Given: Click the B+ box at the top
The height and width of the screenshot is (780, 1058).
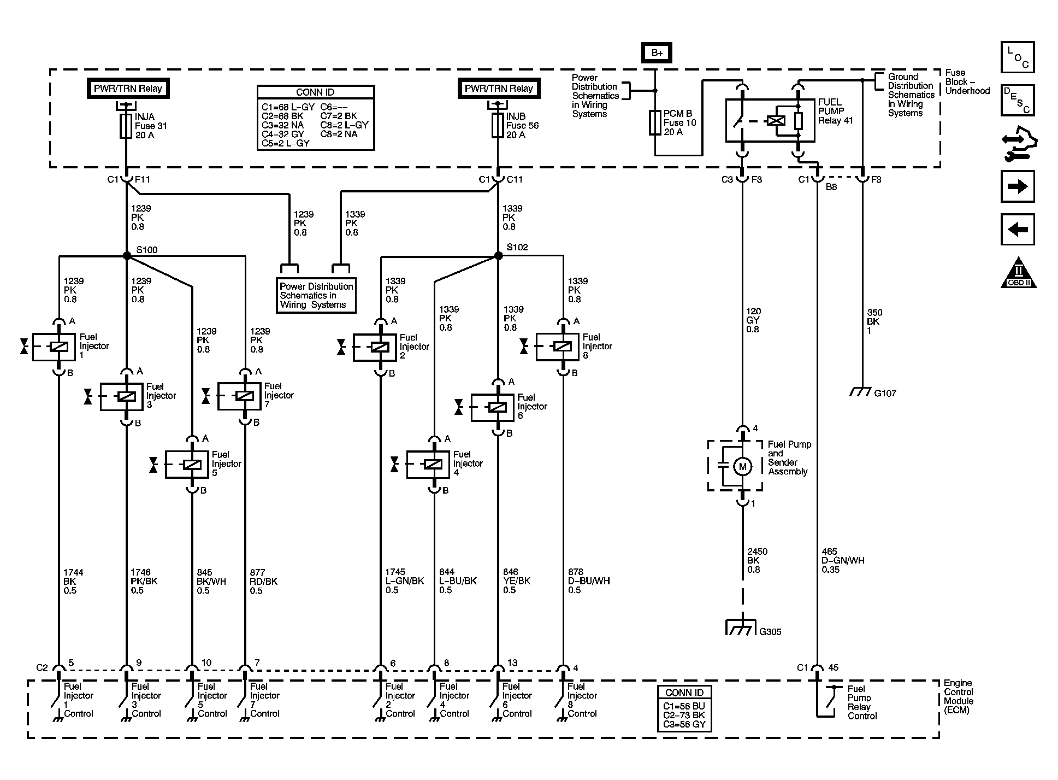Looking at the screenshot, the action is (x=657, y=53).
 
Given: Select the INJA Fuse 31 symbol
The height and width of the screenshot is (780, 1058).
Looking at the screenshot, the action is (x=126, y=126).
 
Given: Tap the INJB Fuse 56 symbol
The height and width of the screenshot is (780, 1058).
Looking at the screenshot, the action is (x=498, y=126).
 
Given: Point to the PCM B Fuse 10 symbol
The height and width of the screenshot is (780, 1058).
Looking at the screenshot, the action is (x=655, y=122).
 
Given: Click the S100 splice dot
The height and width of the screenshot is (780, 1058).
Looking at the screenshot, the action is (x=127, y=256).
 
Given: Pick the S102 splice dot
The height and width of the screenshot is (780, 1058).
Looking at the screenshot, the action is (x=498, y=256).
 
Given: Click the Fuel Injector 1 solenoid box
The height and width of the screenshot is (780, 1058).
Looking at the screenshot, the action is (x=54, y=347).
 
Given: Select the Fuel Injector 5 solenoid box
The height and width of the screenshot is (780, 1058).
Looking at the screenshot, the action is (x=187, y=465).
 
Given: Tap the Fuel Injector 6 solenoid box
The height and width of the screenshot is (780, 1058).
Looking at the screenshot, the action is (x=493, y=407).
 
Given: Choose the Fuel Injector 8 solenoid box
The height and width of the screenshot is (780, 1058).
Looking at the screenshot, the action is (x=558, y=347).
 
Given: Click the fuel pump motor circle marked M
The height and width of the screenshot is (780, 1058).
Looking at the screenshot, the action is (x=742, y=466).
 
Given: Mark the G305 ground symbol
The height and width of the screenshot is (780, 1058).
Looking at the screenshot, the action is (x=742, y=627).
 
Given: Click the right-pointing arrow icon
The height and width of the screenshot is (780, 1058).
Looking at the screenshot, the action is (x=1018, y=186).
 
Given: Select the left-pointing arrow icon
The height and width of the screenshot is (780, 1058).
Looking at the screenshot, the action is (x=1018, y=229).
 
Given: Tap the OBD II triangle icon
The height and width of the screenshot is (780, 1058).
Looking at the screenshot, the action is (x=1019, y=273).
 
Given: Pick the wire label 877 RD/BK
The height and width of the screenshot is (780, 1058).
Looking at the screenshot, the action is (x=263, y=582).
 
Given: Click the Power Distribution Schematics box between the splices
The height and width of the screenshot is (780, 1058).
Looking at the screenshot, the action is (x=316, y=295).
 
